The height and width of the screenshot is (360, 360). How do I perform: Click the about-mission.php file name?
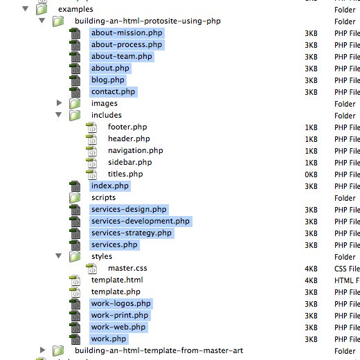point(127,33)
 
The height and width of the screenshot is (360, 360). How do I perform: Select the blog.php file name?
point(108,80)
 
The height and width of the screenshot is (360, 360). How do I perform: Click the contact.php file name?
point(113,92)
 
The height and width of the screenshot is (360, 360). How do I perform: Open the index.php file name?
point(110,186)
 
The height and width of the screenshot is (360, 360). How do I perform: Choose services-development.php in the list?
point(141,222)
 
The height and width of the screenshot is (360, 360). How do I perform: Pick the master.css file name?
point(127,268)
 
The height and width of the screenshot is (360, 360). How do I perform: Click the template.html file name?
point(117,280)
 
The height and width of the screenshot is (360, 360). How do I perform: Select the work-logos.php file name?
point(121,304)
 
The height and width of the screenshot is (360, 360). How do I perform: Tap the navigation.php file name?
point(136,151)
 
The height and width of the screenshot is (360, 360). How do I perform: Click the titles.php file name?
point(125,174)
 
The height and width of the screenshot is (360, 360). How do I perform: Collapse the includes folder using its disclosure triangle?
point(59,115)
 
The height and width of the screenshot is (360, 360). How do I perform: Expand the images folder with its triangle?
point(60,103)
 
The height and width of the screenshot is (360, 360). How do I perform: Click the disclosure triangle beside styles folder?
point(59,256)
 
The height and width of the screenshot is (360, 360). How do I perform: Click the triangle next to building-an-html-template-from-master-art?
point(43,350)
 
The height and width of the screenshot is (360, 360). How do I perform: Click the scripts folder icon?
point(75,198)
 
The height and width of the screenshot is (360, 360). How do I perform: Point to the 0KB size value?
point(311,174)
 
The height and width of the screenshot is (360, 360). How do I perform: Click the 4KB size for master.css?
point(311,269)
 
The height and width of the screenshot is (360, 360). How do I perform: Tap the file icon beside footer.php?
point(91,127)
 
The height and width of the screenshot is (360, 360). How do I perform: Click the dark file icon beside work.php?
point(75,339)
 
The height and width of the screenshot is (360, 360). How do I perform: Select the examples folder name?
point(75,10)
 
